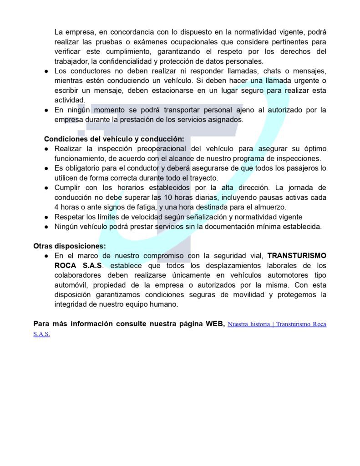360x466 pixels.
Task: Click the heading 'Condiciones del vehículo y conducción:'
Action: tap(114, 139)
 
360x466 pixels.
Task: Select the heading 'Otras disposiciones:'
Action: tap(69, 246)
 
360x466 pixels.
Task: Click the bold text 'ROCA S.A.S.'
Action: tap(75, 265)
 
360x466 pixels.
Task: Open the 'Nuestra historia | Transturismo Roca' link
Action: tap(277, 324)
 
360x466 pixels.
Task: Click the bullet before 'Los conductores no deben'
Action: tap(47, 71)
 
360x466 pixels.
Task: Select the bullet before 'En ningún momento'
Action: tap(47, 110)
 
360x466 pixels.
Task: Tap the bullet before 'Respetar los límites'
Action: tap(47, 217)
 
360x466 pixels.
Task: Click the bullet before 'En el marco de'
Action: tap(47, 256)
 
